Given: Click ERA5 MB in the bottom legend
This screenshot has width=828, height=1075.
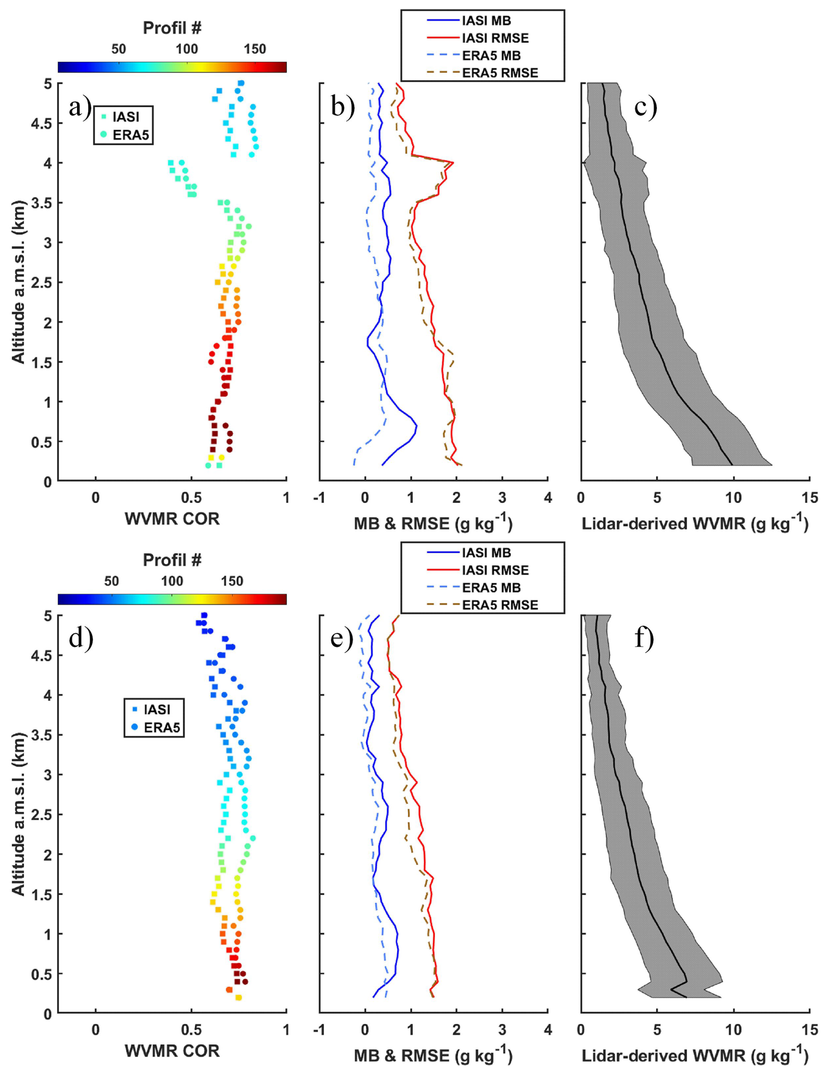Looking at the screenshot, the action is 491,587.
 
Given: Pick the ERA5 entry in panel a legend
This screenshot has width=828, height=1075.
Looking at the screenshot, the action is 130,135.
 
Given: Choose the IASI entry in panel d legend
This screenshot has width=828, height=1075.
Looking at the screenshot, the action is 157,709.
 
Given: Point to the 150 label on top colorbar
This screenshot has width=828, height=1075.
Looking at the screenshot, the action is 255,49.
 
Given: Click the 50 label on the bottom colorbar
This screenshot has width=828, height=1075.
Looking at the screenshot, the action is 111,581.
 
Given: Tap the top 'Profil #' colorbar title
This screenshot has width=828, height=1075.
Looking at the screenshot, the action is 172,28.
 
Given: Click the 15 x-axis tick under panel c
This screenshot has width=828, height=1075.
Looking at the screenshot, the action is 810,498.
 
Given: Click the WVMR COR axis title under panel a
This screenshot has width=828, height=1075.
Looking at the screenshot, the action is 172,519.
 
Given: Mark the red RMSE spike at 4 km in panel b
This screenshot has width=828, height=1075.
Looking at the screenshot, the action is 453,162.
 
